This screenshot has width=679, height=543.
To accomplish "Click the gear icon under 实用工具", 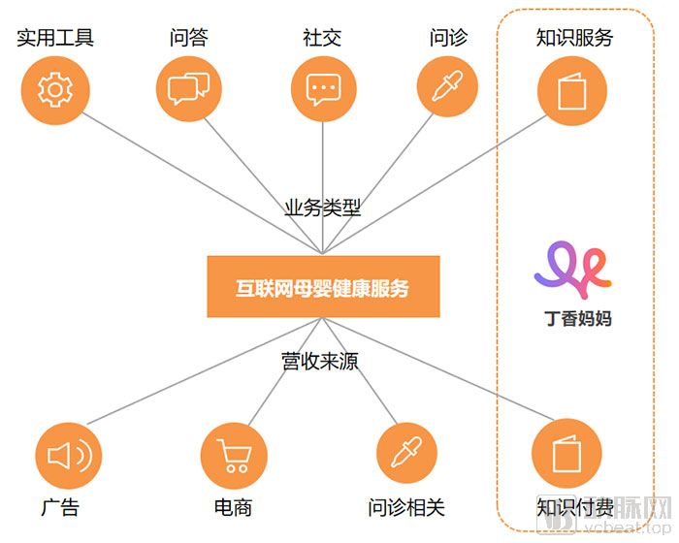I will point(54,90).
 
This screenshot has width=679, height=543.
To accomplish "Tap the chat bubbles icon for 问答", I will point(188,90).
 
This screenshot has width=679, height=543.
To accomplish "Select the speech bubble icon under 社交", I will point(324,90).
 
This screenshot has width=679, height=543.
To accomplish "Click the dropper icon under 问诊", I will point(447,86).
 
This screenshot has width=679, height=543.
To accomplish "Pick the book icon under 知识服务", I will point(572,91).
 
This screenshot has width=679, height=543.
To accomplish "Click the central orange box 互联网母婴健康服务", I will point(323,287).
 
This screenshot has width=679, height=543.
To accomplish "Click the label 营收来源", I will point(320,362).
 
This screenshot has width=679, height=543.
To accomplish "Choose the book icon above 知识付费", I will point(566,454).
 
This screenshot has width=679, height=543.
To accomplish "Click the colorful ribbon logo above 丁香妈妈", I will point(572,267).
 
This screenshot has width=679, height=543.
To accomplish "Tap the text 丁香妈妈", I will point(578,318).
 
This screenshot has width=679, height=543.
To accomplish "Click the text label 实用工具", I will point(55,39).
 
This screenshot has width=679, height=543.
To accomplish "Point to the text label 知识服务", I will point(575,39).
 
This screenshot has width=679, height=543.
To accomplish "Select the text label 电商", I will point(233,507).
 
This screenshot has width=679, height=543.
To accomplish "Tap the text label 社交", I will point(322,39).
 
